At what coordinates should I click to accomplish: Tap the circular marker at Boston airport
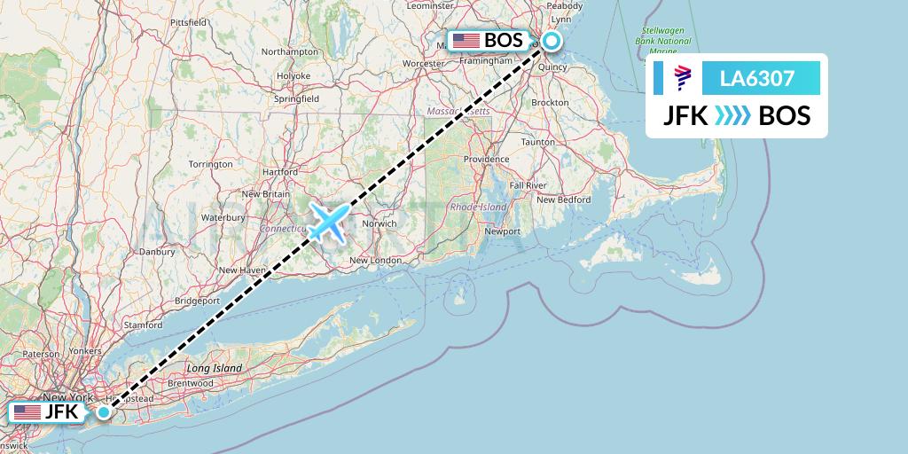pos(552,40)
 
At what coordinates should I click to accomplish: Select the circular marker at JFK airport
pos(105,411)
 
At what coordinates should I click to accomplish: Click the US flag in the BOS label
pos(466,41)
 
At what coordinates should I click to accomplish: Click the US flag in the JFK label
pos(27,412)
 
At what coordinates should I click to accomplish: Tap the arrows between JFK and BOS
pos(732,115)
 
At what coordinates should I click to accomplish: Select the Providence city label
pos(486,160)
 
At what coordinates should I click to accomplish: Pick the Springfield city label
pos(297,99)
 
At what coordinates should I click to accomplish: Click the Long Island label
pos(214,367)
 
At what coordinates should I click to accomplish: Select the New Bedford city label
pos(564,200)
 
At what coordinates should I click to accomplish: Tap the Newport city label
pos(502,231)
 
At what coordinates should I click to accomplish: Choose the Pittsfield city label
pos(188,21)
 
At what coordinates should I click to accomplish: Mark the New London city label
pos(375,260)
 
